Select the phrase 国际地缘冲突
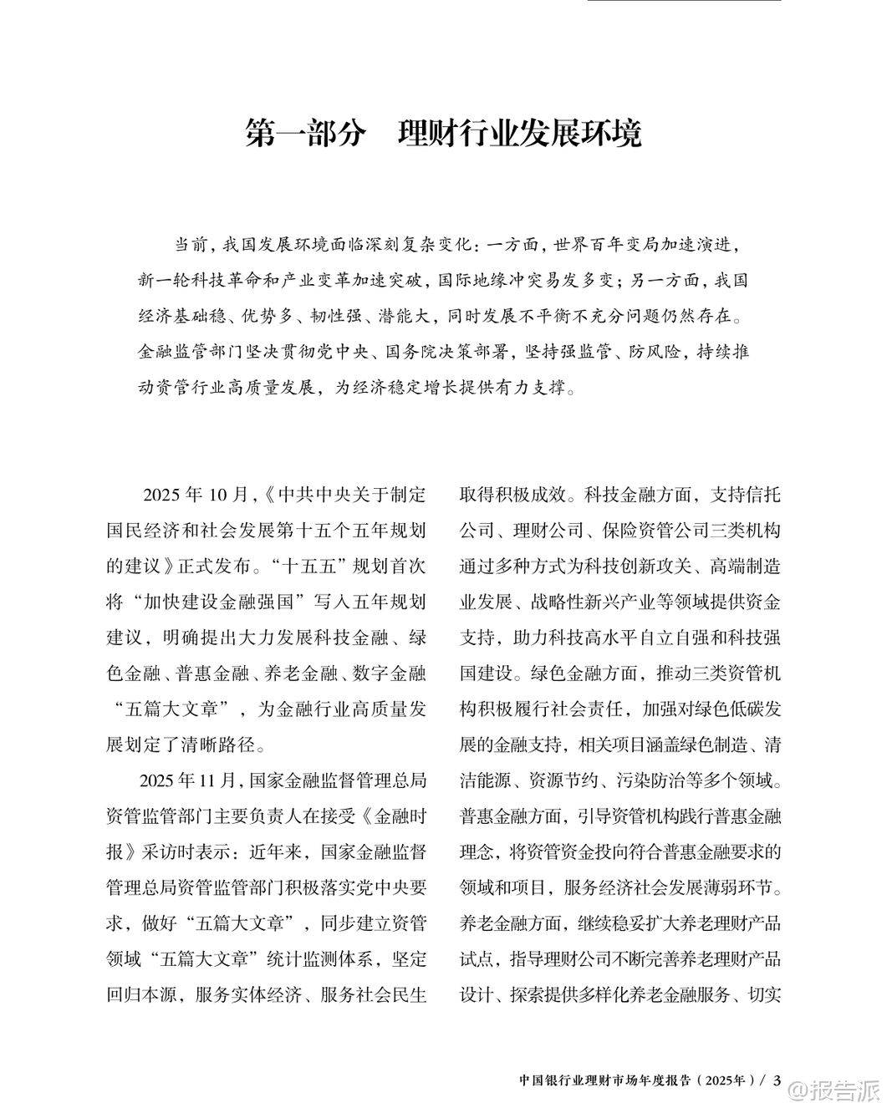(507, 280)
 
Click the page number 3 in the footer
(777, 1080)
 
